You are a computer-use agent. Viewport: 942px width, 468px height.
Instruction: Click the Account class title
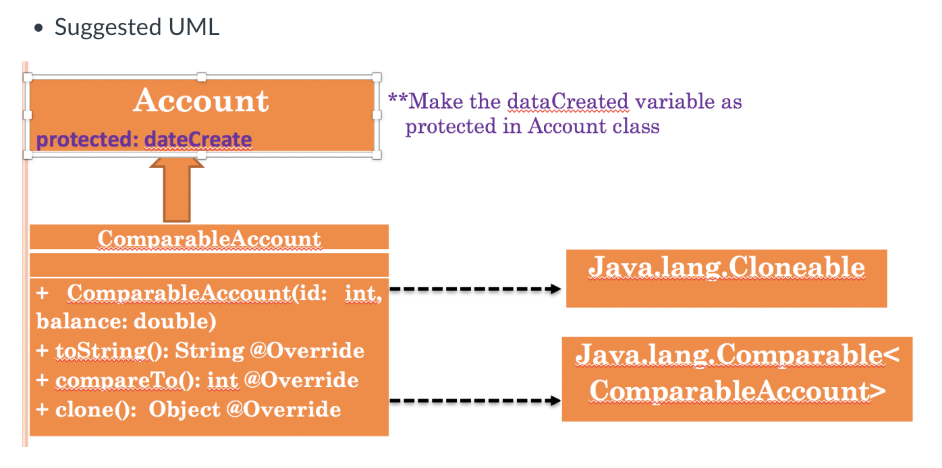(x=201, y=101)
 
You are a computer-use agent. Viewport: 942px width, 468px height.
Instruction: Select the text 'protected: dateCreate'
(x=144, y=140)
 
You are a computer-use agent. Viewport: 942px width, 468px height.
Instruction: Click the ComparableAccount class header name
(x=209, y=239)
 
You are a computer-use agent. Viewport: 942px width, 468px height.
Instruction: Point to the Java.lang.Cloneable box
(x=726, y=278)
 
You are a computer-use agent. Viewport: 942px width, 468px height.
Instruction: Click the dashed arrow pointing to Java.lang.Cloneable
(x=476, y=289)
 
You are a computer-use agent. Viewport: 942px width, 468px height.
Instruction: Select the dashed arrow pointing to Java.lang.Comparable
(x=476, y=401)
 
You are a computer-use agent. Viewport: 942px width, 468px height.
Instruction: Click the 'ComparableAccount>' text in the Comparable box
(x=733, y=392)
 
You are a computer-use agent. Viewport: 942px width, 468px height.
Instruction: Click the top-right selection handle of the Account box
(x=377, y=76)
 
